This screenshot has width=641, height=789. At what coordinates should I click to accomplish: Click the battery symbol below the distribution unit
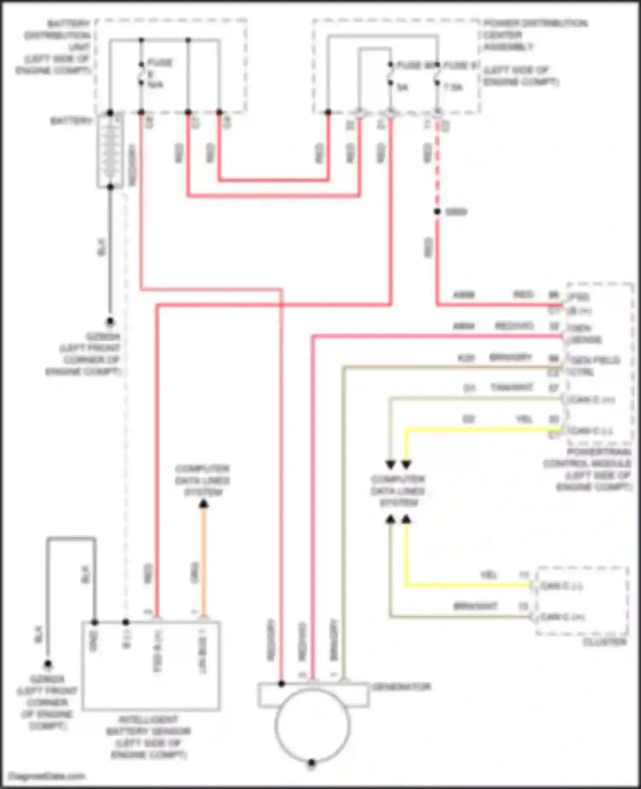(x=110, y=150)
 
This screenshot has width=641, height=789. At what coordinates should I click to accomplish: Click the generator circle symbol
(x=312, y=724)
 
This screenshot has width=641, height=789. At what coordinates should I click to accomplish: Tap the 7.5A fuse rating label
(x=453, y=87)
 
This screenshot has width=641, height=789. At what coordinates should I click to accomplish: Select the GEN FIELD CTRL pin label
(x=594, y=366)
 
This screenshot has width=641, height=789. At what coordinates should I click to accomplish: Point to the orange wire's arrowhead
(x=204, y=505)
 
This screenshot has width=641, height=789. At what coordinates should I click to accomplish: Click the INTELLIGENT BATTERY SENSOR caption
(x=148, y=737)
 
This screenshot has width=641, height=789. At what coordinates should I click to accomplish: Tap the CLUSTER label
(x=605, y=642)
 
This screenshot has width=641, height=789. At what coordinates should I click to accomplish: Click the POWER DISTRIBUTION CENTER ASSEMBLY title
(x=534, y=35)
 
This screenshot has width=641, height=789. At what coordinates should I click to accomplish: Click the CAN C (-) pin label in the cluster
(x=561, y=586)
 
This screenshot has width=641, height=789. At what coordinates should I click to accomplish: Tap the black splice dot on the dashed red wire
(x=437, y=212)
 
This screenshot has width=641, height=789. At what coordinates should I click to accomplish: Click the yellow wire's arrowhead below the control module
(x=406, y=465)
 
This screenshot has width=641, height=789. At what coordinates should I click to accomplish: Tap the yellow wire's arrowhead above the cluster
(x=406, y=520)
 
